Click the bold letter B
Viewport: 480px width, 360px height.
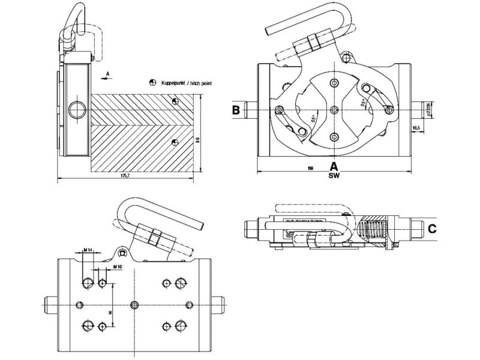coord(236,110)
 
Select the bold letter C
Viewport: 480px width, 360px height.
coord(432,229)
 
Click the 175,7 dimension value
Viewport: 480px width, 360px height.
coord(125,175)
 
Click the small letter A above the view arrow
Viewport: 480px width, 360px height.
coord(106,71)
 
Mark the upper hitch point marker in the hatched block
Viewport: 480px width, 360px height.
coord(174,101)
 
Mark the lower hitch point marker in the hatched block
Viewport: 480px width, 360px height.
coord(174,142)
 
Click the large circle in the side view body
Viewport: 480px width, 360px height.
coord(76,109)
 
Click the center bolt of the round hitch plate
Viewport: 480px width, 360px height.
coord(334,109)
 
